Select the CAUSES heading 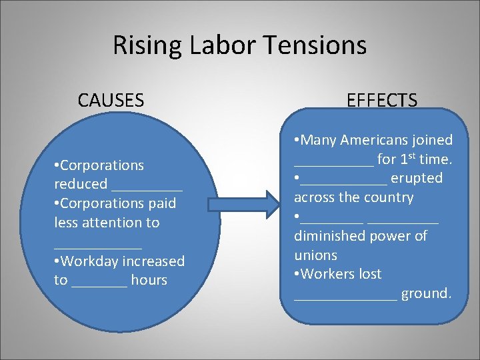point(111,101)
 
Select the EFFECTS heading point(382,101)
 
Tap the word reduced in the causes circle point(81,184)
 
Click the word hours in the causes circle point(149,280)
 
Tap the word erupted point(417,178)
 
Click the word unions point(316,255)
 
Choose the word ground point(427,293)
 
